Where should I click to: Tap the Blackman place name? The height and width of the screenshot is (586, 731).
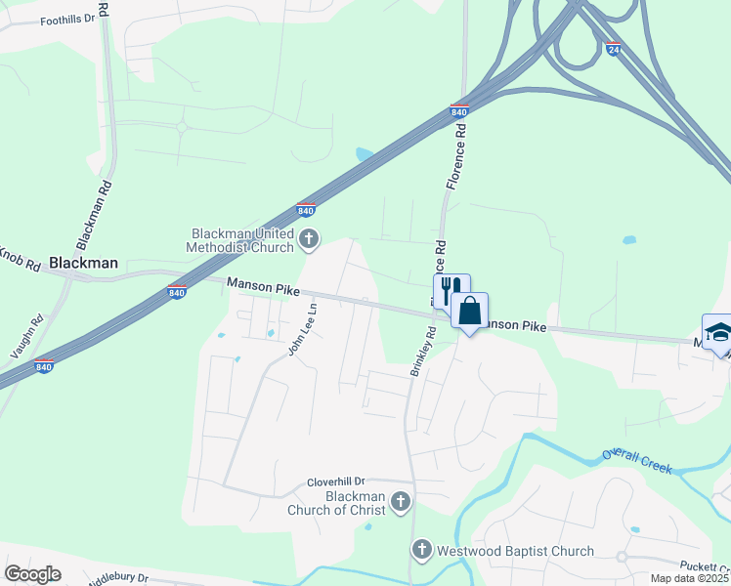tap(83, 263)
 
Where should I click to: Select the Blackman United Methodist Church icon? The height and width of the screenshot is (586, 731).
tap(309, 238)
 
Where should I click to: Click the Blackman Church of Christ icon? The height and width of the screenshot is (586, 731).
tap(400, 502)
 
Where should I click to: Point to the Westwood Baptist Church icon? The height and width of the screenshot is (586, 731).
tap(421, 551)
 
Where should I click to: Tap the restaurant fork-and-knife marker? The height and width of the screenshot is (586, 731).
tap(451, 291)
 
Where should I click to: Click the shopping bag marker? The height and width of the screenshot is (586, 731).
tap(470, 312)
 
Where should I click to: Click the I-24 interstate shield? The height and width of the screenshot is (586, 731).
tap(613, 49)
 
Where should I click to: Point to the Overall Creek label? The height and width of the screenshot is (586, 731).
tap(637, 461)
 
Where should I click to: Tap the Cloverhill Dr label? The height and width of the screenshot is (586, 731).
tap(335, 481)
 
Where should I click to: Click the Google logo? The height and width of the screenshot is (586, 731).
tap(32, 574)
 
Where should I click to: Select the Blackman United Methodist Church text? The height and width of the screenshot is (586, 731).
tap(242, 240)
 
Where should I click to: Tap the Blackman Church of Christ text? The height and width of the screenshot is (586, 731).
tap(336, 502)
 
